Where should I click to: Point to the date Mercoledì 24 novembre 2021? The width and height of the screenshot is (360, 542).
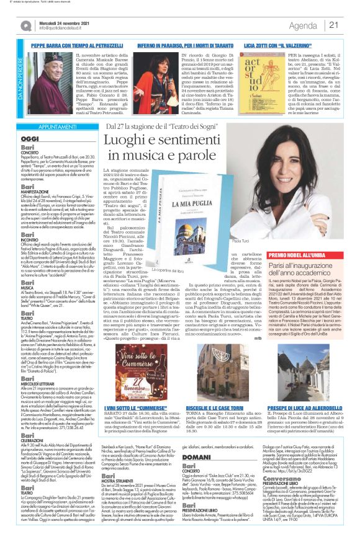(63, 22)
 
